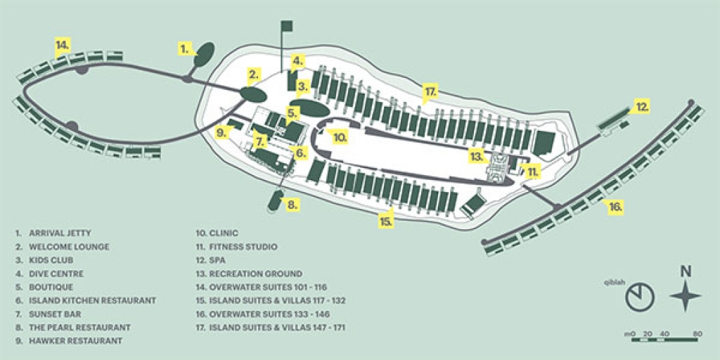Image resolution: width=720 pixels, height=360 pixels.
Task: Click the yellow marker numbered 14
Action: (x=63, y=46)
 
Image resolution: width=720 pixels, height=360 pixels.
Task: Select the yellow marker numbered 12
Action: (x=641, y=107)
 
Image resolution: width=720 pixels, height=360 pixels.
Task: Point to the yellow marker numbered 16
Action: (x=615, y=207)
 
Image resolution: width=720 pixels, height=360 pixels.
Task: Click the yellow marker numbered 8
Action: (x=292, y=205)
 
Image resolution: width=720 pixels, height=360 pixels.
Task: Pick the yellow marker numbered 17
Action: (x=430, y=91)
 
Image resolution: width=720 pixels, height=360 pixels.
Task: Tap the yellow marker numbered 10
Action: (x=340, y=137)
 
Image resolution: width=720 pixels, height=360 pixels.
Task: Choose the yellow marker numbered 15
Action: (x=385, y=221)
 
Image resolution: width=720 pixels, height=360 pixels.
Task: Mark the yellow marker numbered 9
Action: (x=221, y=131)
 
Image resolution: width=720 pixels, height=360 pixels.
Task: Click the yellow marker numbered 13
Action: (x=477, y=155)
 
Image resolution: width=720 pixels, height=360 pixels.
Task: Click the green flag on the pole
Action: (x=286, y=26)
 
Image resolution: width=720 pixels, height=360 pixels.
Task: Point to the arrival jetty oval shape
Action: (x=205, y=53)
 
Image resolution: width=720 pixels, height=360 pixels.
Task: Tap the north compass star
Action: (x=686, y=296)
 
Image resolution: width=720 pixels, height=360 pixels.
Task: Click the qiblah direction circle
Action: (x=640, y=297)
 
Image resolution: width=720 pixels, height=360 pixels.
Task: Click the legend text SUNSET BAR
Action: (x=56, y=314)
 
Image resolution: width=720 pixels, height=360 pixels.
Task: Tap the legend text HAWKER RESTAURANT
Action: (x=75, y=340)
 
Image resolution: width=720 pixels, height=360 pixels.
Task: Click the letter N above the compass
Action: (x=686, y=271)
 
